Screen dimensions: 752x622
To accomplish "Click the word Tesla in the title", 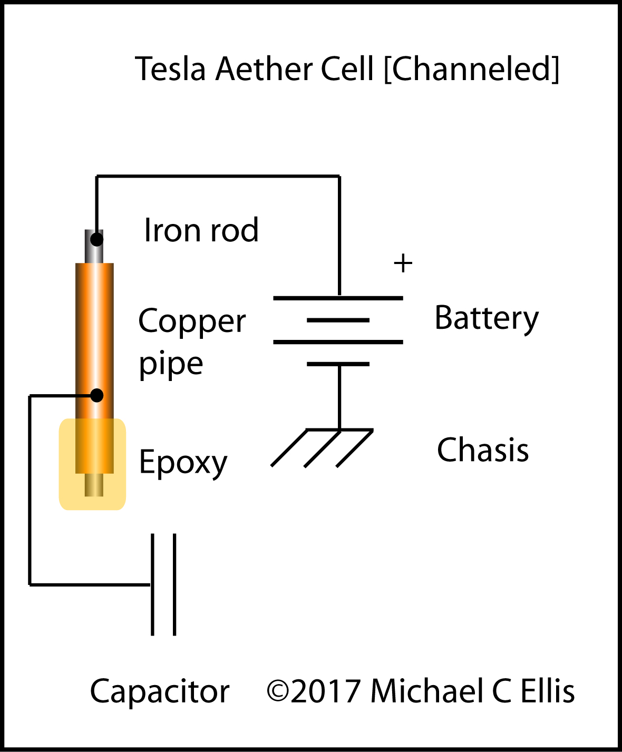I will [x=170, y=69].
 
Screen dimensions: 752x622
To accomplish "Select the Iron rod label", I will [x=201, y=230].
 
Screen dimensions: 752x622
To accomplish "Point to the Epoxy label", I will [x=183, y=463].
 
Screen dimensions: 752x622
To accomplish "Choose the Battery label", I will [x=486, y=318].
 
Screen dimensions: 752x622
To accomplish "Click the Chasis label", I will [x=483, y=450].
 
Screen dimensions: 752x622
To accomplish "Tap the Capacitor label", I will [x=160, y=691].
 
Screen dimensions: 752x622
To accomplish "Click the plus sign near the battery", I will [x=403, y=263].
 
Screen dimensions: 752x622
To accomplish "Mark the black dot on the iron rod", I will [x=96, y=240].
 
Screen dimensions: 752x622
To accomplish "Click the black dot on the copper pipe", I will [x=96, y=395].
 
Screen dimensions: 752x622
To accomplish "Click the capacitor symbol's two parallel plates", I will [x=163, y=584].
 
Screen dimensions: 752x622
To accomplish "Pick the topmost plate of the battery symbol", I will [x=338, y=298].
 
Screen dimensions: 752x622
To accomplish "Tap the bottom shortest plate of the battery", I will [x=338, y=364].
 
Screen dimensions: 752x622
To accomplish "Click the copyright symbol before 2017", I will [x=277, y=691].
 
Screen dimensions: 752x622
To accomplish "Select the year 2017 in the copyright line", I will [x=325, y=691].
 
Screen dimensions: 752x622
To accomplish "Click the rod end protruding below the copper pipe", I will [x=94, y=485].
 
